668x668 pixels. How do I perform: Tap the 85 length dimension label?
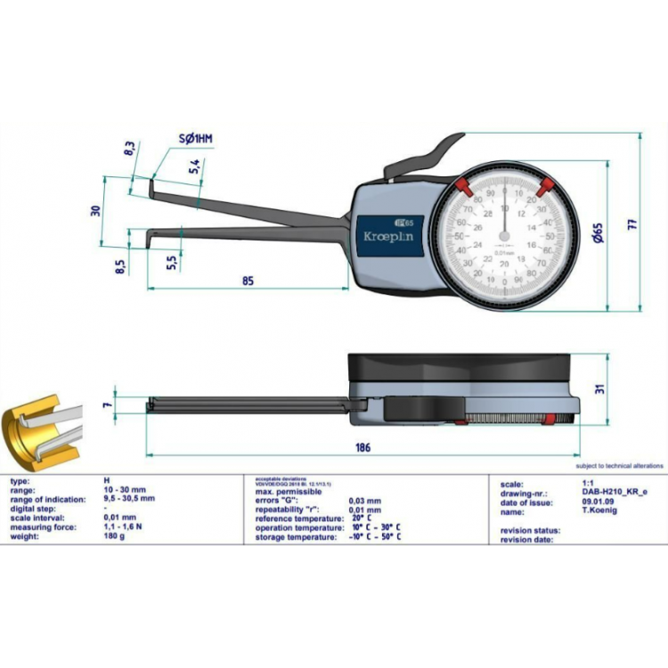click(x=248, y=281)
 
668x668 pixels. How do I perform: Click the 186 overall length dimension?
click(x=362, y=447)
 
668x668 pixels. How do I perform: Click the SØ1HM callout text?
click(x=196, y=139)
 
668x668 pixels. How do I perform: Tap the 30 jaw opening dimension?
click(x=95, y=211)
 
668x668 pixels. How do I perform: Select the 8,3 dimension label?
click(x=129, y=149)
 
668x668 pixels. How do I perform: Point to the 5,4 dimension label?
click(x=195, y=167)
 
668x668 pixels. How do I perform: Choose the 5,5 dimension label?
click(x=171, y=261)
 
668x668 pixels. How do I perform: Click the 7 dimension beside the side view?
click(x=106, y=405)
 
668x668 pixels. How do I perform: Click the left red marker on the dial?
click(x=464, y=184)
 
